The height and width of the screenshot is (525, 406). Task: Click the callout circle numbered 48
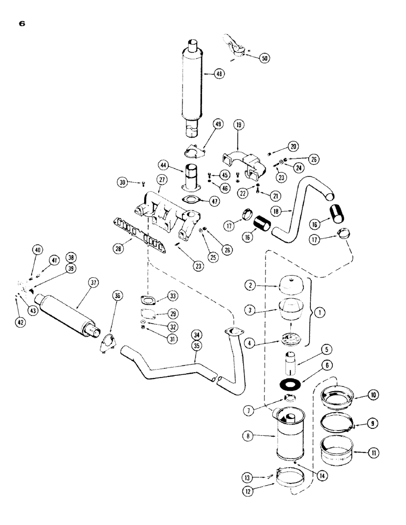coord(219,74)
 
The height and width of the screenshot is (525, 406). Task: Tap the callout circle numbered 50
coord(264,58)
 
